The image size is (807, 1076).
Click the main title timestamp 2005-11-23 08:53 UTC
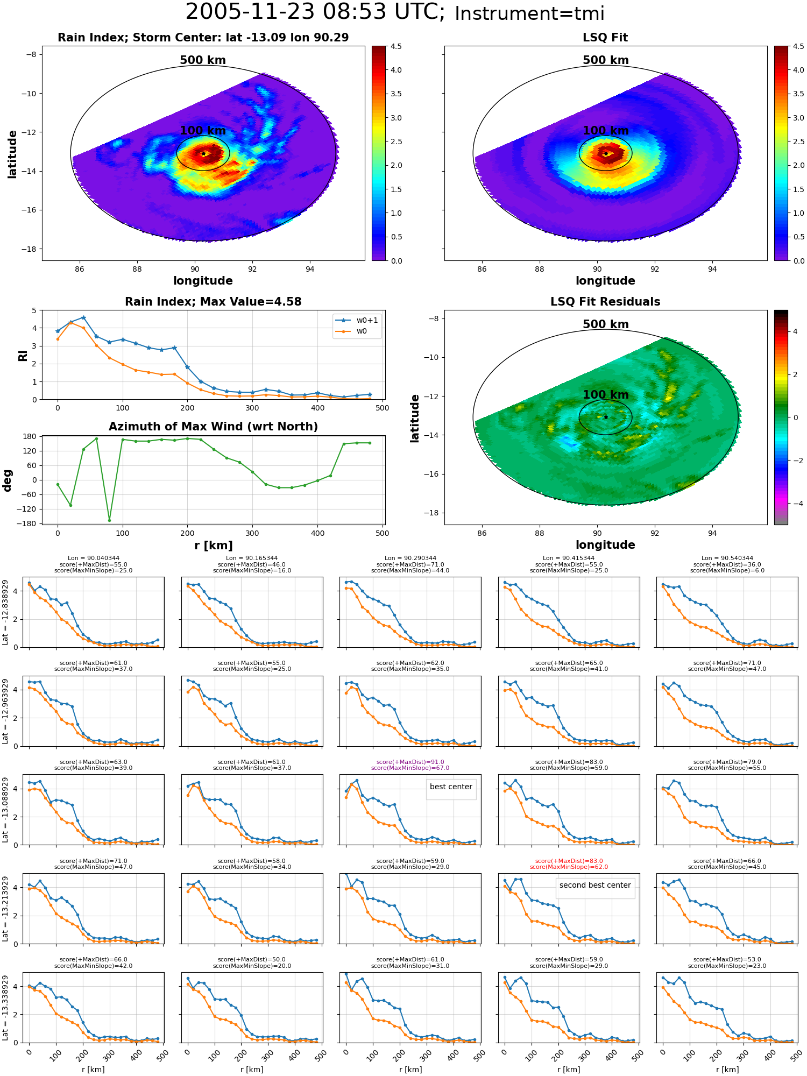[x=315, y=12]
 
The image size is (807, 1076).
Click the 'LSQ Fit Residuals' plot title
[x=605, y=302]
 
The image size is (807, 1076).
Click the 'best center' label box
[x=451, y=787]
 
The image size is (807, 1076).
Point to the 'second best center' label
[x=595, y=885]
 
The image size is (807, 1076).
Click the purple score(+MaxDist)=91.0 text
[x=410, y=762]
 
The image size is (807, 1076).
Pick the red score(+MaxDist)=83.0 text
[x=569, y=861]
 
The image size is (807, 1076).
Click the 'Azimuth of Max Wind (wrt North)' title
[x=213, y=427]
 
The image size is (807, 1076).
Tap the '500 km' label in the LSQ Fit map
[x=606, y=60]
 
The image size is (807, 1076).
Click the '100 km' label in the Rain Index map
[x=203, y=131]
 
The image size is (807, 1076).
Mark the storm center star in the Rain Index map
[x=203, y=154]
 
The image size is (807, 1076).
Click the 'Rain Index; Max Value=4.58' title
[x=213, y=302]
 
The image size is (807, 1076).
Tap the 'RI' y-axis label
[x=23, y=355]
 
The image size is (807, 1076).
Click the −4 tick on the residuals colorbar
[x=795, y=504]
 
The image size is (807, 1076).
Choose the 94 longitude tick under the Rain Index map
[x=310, y=269]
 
